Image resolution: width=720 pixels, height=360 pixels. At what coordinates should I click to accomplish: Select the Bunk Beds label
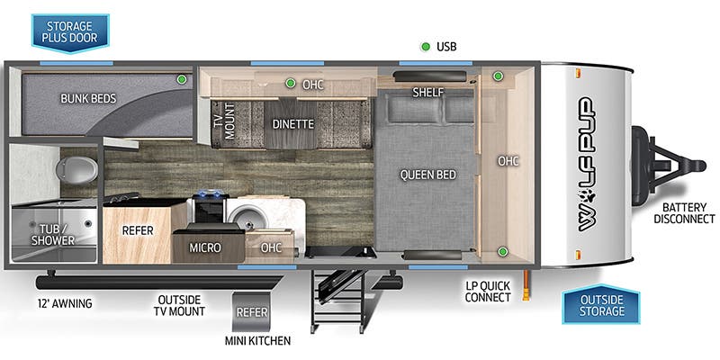(x=87, y=98)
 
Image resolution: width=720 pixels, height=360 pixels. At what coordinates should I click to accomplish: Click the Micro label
(x=205, y=247)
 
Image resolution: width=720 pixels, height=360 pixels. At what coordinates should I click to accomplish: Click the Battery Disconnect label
(x=684, y=211)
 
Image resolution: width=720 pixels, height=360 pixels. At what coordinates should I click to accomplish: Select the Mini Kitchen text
(x=258, y=340)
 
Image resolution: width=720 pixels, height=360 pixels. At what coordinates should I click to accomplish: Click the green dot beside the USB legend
(x=424, y=46)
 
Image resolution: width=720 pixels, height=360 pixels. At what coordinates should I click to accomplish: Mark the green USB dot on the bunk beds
(x=182, y=80)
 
